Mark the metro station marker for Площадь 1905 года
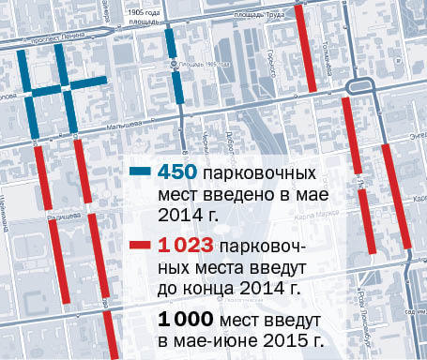pyautogui.click(x=173, y=65)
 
